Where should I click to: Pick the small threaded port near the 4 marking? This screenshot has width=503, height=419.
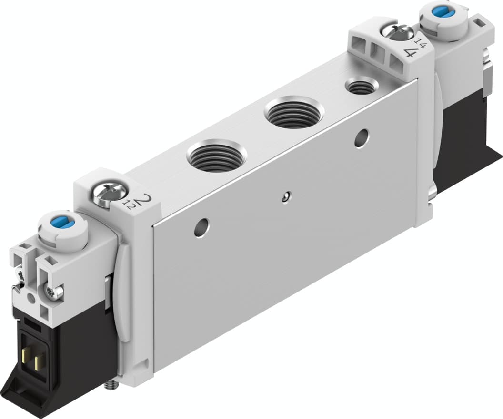pyautogui.click(x=361, y=87)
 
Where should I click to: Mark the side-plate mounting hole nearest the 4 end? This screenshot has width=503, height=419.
pyautogui.click(x=362, y=138)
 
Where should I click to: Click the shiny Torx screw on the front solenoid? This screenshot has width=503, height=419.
pyautogui.click(x=53, y=292)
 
